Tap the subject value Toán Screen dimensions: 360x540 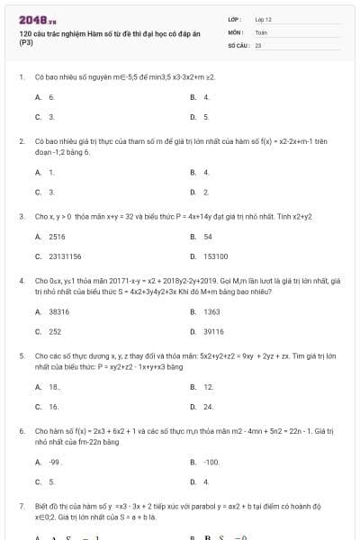point(261,31)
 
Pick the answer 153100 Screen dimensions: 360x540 point(215,256)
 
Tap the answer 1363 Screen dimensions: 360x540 point(211,311)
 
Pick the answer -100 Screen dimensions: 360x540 point(211,462)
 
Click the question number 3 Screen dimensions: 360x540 point(22,216)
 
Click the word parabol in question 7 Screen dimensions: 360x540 point(177,506)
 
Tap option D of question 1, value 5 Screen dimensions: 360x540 point(206,116)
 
